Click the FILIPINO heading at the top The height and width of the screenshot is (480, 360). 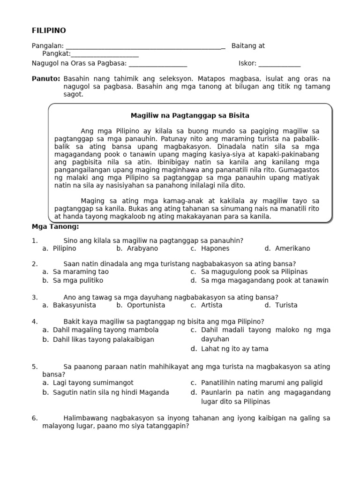pyautogui.click(x=49, y=30)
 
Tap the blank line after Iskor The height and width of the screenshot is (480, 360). pyautogui.click(x=279, y=65)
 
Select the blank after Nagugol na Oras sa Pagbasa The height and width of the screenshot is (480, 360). pyautogui.click(x=157, y=65)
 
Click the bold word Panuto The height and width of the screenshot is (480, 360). pyautogui.click(x=45, y=79)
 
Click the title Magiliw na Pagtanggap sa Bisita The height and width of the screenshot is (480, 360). pyautogui.click(x=189, y=115)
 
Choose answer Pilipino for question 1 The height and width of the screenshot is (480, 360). pyautogui.click(x=64, y=248)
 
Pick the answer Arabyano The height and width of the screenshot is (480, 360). pyautogui.click(x=142, y=248)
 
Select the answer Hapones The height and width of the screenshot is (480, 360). pyautogui.click(x=215, y=248)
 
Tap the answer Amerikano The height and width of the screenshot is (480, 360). pyautogui.click(x=292, y=248)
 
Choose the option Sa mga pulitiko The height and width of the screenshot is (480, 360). pyautogui.click(x=78, y=280)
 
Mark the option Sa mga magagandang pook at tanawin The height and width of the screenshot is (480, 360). pyautogui.click(x=264, y=280)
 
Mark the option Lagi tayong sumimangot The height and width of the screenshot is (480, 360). pyautogui.click(x=93, y=383)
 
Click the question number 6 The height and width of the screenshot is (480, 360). pyautogui.click(x=34, y=418)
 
